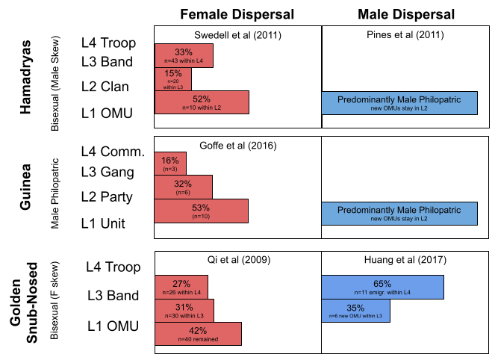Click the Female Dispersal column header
(237, 15)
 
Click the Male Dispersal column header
(405, 15)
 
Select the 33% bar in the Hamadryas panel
(184, 55)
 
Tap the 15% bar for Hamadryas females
(173, 78)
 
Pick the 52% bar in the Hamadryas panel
(202, 102)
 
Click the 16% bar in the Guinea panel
(170, 163)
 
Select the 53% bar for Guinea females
(201, 211)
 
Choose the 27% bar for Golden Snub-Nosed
(181, 287)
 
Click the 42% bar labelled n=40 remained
(198, 333)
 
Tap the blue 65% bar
(382, 287)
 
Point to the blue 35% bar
(355, 310)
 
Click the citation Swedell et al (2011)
(237, 35)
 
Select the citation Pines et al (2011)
(405, 35)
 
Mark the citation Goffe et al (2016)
(237, 146)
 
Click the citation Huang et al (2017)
(405, 260)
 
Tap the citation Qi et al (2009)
(237, 260)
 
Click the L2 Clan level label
(105, 86)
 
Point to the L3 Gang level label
(107, 173)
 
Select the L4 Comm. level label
(112, 152)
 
